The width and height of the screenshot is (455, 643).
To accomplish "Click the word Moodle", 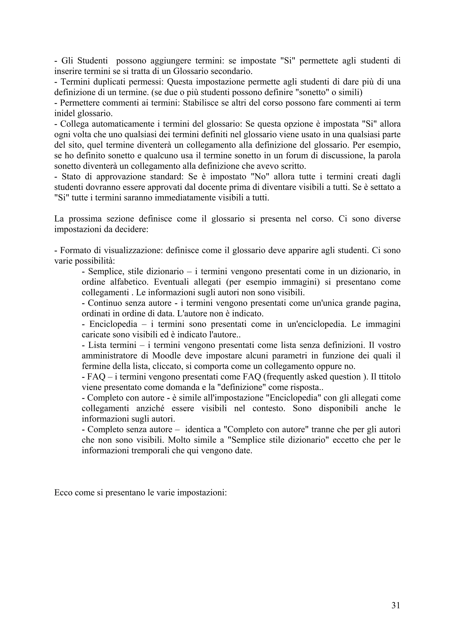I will point(164,356).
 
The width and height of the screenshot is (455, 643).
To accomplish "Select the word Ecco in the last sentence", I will point(63,493).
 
